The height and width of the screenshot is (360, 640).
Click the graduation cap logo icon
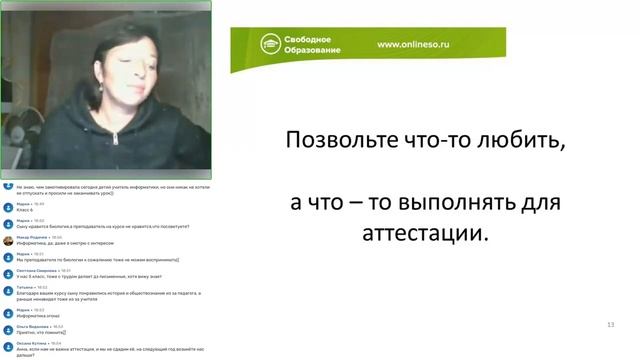[269, 44]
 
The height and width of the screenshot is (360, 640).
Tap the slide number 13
[610, 325]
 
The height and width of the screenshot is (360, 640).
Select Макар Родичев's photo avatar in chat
[8, 240]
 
